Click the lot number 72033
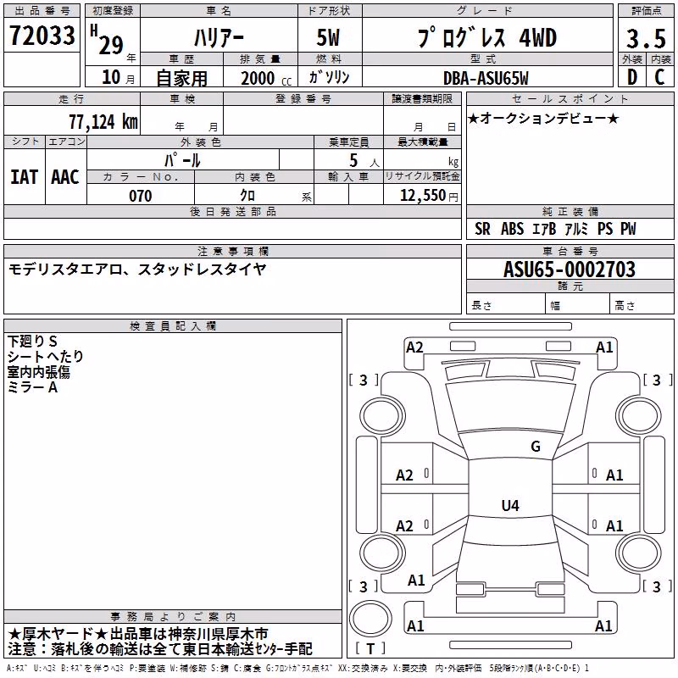click(42, 35)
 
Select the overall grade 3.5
click(646, 38)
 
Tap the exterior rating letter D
click(632, 77)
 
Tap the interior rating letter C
click(659, 77)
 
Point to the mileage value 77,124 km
click(103, 121)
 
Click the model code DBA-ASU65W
click(486, 78)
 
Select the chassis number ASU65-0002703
click(570, 270)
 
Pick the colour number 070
click(141, 196)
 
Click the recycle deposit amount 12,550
click(422, 196)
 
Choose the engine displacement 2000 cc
click(266, 78)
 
